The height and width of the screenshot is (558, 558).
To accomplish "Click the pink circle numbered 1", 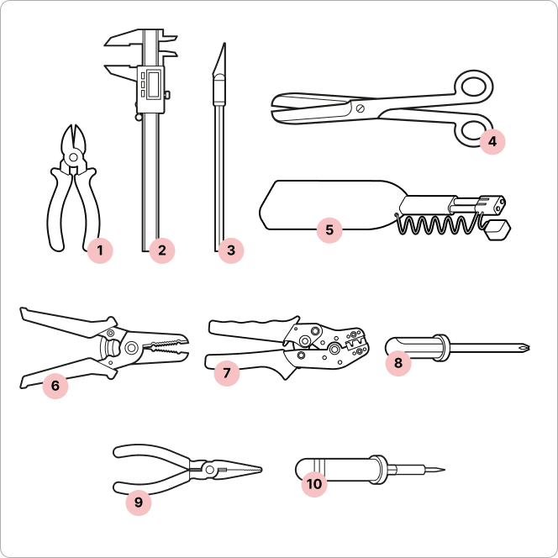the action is (100, 250).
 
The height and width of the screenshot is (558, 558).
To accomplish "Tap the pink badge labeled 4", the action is (492, 142).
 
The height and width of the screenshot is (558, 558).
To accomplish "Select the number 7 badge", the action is (227, 373).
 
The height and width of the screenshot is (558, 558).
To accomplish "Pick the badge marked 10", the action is (314, 484).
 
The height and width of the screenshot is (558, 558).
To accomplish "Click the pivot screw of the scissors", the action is (361, 108).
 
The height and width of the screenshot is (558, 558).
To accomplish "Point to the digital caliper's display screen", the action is (154, 83).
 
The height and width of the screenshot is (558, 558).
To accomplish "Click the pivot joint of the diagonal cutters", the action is (74, 156).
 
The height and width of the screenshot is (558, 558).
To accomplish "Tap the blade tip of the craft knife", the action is (224, 44).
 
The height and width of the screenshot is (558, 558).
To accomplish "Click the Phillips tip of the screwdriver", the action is (525, 346).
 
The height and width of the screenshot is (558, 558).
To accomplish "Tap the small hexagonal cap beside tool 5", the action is (498, 230).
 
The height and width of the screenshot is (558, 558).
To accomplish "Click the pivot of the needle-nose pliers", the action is (209, 470).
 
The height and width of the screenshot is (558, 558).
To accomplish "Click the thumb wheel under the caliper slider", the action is (139, 117).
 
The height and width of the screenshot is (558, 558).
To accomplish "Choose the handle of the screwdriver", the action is (417, 347).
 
